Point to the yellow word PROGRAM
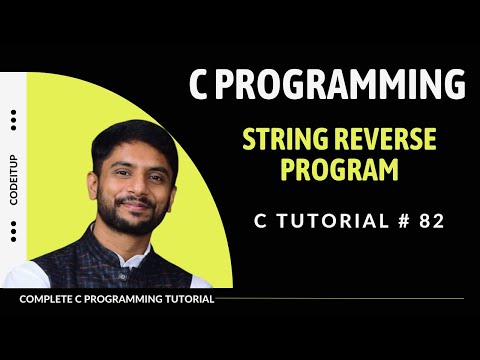click(x=339, y=169)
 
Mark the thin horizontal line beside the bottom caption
click(x=340, y=298)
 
